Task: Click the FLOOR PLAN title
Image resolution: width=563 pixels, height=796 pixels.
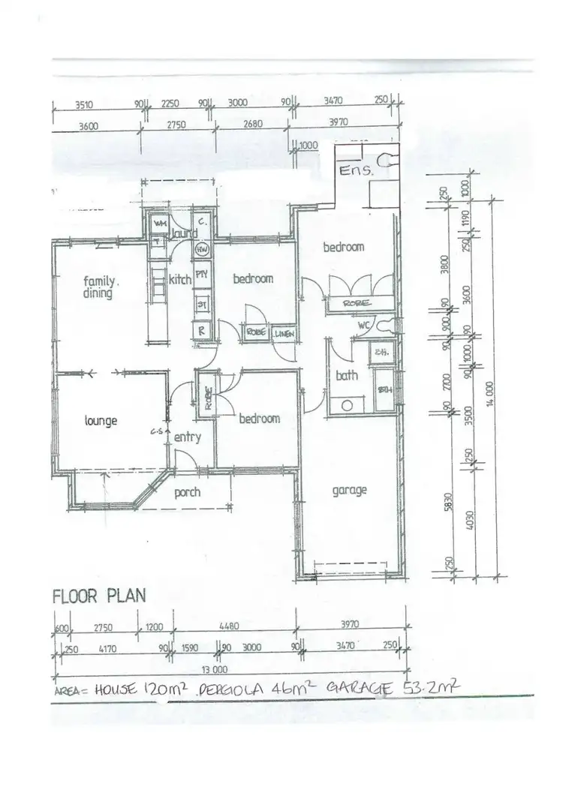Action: coord(98,596)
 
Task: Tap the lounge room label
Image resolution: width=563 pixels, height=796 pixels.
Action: coord(101,421)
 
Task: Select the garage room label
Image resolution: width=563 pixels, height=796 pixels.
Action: coord(350,491)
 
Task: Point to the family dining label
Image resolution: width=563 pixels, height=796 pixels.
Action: coord(98,288)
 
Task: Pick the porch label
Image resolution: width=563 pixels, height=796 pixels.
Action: coord(188,493)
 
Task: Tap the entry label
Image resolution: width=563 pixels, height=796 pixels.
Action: coord(187,437)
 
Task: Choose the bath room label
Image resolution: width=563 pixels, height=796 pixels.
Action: coord(347,375)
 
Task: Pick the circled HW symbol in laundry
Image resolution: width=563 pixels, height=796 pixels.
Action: coord(201,249)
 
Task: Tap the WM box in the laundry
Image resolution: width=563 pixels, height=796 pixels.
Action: coord(160,224)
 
